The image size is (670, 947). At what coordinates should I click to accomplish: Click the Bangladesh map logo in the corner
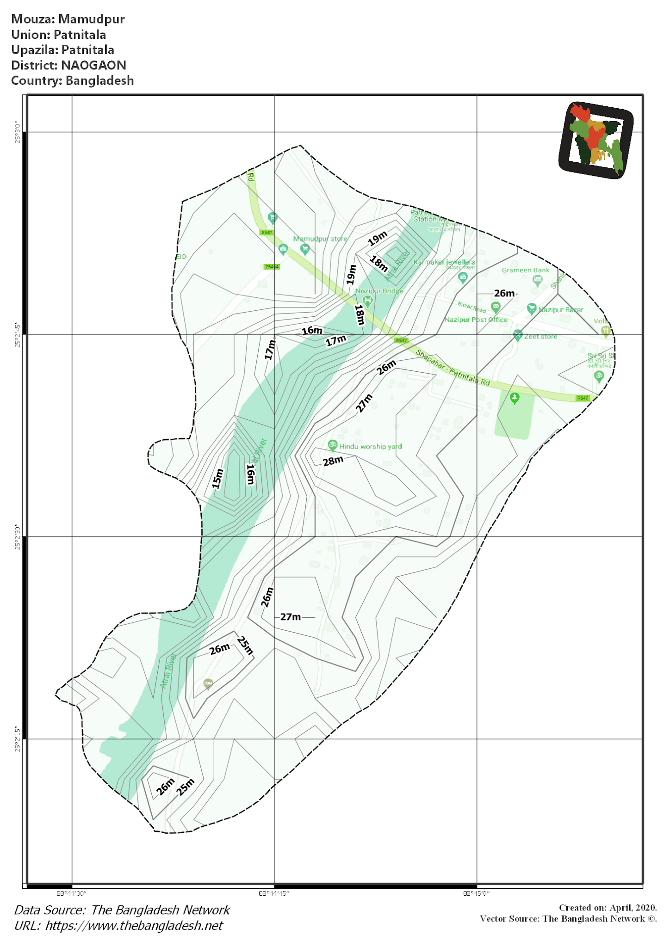tap(596, 140)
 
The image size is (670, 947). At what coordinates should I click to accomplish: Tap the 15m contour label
tap(217, 479)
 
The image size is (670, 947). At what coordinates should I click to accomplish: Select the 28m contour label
tap(333, 461)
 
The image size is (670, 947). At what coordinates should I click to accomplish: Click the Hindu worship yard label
tap(370, 446)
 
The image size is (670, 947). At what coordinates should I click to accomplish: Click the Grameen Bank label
tap(526, 270)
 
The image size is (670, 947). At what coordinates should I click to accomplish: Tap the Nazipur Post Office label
tap(476, 320)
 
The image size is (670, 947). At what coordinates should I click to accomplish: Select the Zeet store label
tap(540, 336)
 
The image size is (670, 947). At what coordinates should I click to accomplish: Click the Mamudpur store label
tap(320, 239)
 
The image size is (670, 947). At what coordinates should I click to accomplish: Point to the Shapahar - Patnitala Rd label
tap(453, 368)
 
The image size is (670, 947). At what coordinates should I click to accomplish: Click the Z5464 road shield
tap(272, 267)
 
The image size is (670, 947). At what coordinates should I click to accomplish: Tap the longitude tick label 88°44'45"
tap(274, 893)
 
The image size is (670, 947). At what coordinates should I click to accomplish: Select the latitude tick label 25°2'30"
tap(18, 536)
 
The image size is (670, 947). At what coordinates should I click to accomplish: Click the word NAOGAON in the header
tap(93, 65)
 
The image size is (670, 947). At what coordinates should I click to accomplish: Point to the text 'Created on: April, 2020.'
tap(608, 907)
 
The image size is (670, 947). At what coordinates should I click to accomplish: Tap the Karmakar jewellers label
tap(444, 262)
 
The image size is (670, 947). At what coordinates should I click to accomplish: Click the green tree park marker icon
tap(514, 398)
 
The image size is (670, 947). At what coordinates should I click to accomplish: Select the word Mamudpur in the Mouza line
tap(92, 19)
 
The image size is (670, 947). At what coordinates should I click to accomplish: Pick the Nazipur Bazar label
tap(561, 310)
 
